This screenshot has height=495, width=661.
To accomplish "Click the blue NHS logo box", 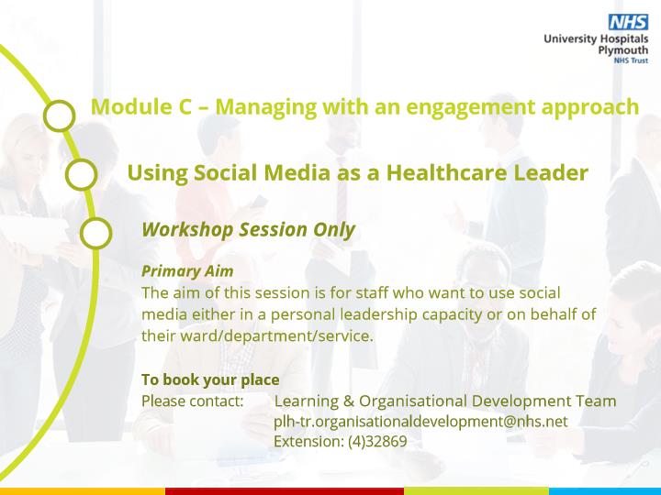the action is pyautogui.click(x=628, y=22).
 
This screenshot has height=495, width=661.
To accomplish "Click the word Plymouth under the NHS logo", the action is pyautogui.click(x=623, y=50).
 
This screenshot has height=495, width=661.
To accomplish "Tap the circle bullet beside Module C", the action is pyautogui.click(x=60, y=115).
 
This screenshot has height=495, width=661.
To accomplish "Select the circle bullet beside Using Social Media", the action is pyautogui.click(x=82, y=174).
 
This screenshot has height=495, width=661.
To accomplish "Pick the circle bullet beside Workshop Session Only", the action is pyautogui.click(x=96, y=233).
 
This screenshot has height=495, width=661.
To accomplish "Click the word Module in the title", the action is pyautogui.click(x=129, y=106).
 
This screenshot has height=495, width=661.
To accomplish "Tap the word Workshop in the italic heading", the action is pyautogui.click(x=187, y=230).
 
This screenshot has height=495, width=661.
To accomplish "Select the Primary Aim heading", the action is pyautogui.click(x=187, y=271).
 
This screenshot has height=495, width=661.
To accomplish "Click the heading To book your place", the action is pyautogui.click(x=210, y=379).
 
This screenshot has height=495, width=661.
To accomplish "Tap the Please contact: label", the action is pyautogui.click(x=193, y=401).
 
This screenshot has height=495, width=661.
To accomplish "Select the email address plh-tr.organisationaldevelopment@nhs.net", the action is pyautogui.click(x=420, y=422).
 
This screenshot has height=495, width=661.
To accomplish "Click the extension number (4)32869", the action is pyautogui.click(x=377, y=442).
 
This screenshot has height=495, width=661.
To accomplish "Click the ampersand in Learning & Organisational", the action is pyautogui.click(x=349, y=401).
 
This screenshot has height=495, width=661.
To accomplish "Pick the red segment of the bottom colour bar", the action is pyautogui.click(x=285, y=491).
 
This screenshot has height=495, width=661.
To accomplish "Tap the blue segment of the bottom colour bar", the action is pyautogui.click(x=605, y=491).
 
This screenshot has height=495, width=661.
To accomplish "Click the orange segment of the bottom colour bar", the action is pyautogui.click(x=83, y=491).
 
